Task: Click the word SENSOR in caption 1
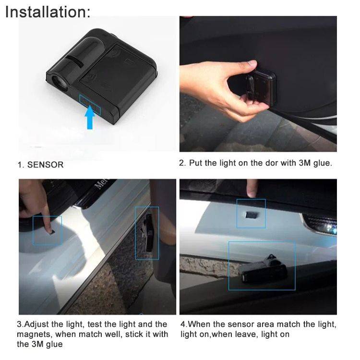pyautogui.click(x=45, y=165)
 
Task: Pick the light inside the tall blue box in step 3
pyautogui.click(x=146, y=233)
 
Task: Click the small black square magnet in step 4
pyautogui.click(x=250, y=213)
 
